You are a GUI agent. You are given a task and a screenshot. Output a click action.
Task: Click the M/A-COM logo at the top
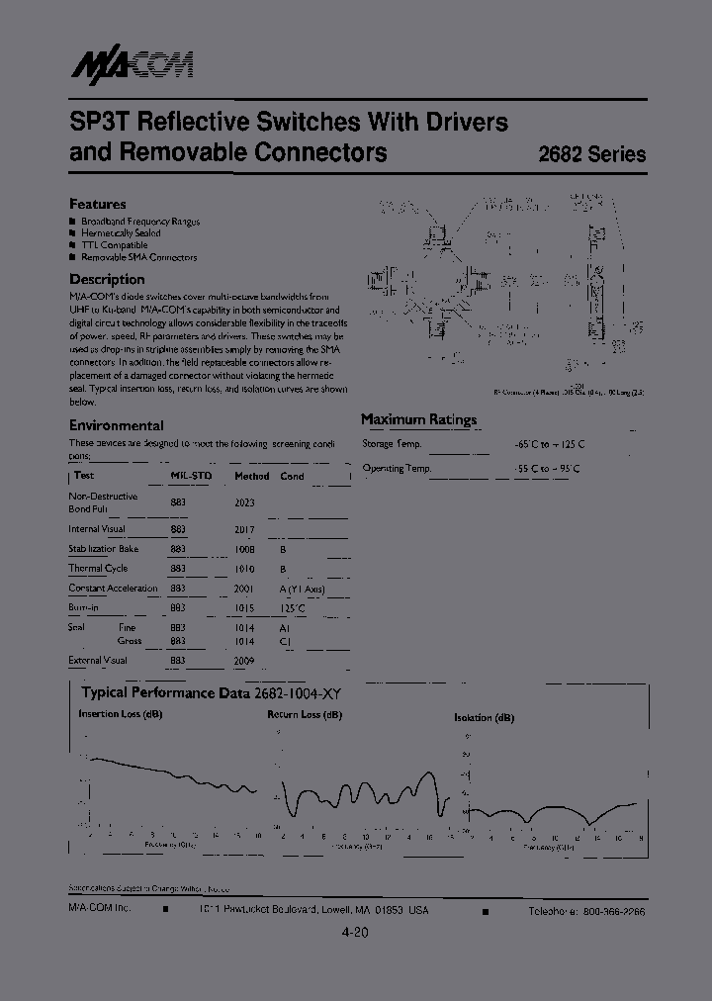tap(132, 65)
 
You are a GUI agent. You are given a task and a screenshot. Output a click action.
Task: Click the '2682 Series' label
tap(591, 154)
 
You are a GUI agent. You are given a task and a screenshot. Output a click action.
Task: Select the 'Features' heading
tap(97, 204)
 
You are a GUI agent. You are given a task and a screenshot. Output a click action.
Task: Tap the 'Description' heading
tap(107, 279)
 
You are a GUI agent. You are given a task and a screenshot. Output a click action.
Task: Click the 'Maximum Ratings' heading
tap(418, 419)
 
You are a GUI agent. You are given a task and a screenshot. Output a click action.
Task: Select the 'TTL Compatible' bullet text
tap(114, 245)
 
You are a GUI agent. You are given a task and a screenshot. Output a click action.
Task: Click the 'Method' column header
tap(251, 476)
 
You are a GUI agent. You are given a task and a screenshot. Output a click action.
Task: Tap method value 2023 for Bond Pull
tap(244, 502)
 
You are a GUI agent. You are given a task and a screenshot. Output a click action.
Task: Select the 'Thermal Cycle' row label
tap(98, 569)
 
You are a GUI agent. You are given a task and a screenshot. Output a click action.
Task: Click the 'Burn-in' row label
tap(85, 608)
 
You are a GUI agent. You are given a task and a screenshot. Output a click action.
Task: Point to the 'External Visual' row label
tap(98, 660)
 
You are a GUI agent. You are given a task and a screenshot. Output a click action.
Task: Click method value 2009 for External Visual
tap(244, 660)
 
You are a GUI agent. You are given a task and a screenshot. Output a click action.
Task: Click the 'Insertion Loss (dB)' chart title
tap(121, 714)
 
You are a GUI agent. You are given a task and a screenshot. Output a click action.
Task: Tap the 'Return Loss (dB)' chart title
tap(305, 714)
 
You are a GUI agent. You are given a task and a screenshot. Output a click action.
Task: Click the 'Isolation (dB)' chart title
tap(484, 717)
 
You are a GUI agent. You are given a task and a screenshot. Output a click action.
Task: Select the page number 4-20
tap(355, 933)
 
